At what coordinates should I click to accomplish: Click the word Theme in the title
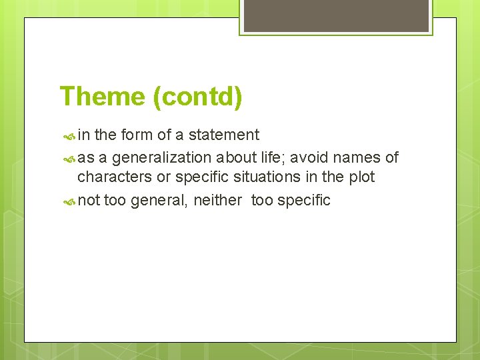[x=102, y=97]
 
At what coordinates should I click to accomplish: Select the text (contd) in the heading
[x=197, y=97]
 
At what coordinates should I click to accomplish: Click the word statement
[x=224, y=135]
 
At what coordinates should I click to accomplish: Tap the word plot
[x=361, y=177]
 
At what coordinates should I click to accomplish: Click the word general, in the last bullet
[x=160, y=201]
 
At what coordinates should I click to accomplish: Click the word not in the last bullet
[x=89, y=201]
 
